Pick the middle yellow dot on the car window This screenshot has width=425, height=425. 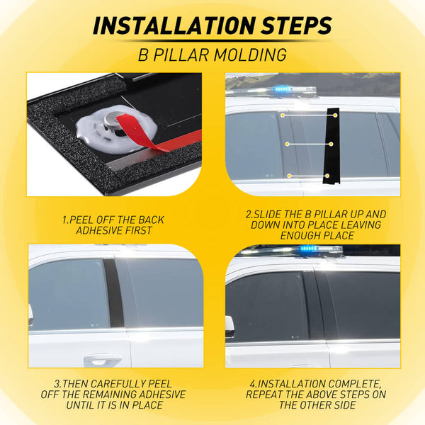(x=287, y=144)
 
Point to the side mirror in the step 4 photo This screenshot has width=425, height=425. (x=229, y=327)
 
